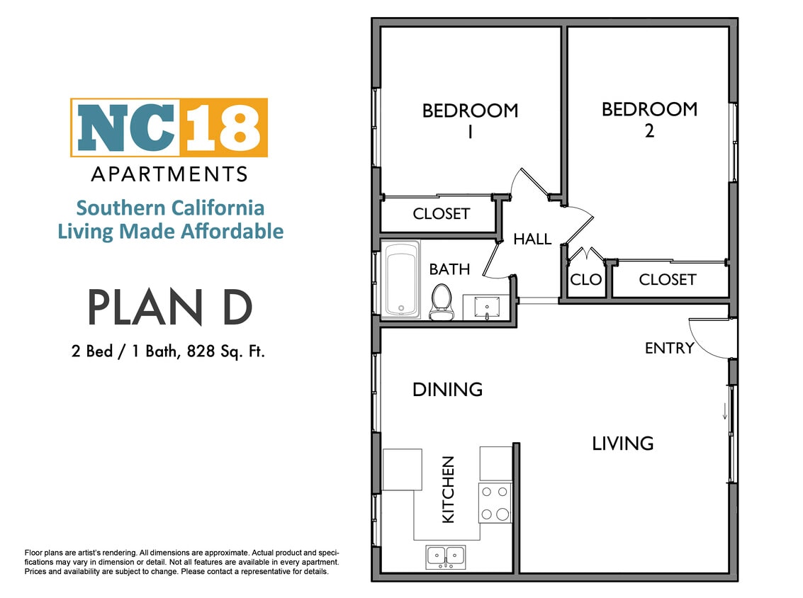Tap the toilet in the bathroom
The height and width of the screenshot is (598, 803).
point(441,302)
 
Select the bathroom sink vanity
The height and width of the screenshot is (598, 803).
point(487,308)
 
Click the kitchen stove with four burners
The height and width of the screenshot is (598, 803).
point(495,502)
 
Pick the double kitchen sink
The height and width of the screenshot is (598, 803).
point(446,556)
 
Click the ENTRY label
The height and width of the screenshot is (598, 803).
point(669,348)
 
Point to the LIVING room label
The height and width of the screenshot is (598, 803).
point(622,444)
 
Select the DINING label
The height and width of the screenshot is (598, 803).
point(447,389)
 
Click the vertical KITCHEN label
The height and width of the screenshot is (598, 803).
point(448,490)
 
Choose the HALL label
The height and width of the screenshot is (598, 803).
point(532,239)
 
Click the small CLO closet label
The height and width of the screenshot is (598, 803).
point(585,279)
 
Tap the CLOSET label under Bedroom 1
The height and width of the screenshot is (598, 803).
point(441,213)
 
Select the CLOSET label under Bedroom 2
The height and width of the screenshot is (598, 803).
point(667,279)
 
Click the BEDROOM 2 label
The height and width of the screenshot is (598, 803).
point(649,119)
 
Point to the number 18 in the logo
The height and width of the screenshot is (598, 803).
point(225,128)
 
